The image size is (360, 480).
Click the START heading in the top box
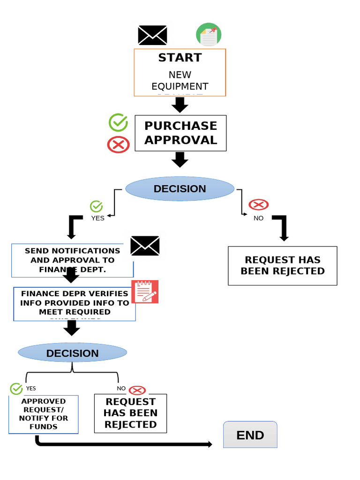(x=180, y=58)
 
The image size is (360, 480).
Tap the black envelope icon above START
(x=152, y=36)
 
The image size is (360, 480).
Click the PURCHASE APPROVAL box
(x=180, y=133)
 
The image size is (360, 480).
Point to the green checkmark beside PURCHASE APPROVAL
(x=118, y=122)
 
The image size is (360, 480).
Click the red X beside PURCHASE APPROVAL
(x=118, y=144)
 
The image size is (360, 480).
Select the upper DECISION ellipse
(x=180, y=189)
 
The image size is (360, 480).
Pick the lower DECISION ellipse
(x=72, y=353)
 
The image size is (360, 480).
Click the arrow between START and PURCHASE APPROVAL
(x=180, y=105)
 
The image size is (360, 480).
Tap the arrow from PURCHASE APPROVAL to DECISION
(x=180, y=159)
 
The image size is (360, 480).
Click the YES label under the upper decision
(x=97, y=218)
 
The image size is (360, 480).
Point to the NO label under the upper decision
(x=258, y=218)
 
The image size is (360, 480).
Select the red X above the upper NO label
(x=258, y=204)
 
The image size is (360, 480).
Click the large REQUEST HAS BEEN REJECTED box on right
(x=282, y=266)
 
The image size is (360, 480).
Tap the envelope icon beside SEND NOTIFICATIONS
(x=145, y=246)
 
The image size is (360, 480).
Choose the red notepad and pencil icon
(x=145, y=292)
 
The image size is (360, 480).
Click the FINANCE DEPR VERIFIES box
(x=75, y=303)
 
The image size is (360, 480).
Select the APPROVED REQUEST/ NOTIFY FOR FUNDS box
(x=44, y=414)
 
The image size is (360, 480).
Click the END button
(x=250, y=435)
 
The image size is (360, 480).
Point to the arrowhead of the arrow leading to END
(x=210, y=444)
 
